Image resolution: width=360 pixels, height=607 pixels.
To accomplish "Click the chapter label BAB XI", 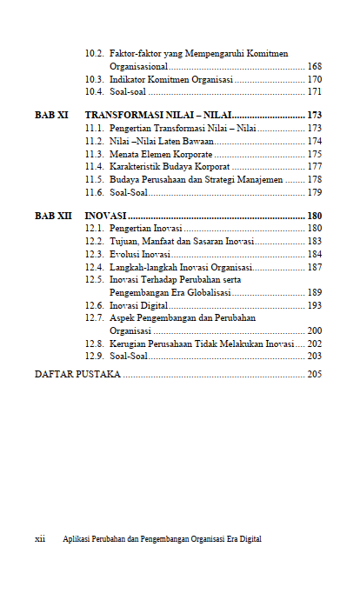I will pos(51,115).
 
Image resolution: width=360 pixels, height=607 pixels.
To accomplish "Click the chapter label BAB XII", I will pos(53,216).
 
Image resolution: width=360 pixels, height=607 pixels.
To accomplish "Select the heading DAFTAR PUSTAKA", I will pos(77,374).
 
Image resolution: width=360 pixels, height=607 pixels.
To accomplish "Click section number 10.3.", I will pos(95,79).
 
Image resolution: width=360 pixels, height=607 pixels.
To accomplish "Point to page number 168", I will pos(315,67).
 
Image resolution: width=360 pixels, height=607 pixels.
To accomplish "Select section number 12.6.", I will pos(95,306).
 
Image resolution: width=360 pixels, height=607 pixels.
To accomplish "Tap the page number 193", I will pos(315,306).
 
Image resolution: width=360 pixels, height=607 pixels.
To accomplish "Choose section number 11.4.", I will pos(95,166).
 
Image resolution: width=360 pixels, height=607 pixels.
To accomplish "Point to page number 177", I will pos(315,166).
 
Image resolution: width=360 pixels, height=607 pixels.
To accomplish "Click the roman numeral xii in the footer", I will pos(40,539).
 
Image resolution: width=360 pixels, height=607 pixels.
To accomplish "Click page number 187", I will pos(315,267).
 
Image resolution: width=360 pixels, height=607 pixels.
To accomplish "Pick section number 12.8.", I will pos(95,344).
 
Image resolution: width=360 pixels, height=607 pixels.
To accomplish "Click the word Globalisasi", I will pos(203,293).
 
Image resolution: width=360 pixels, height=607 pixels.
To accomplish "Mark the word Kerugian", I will pos(129,344).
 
